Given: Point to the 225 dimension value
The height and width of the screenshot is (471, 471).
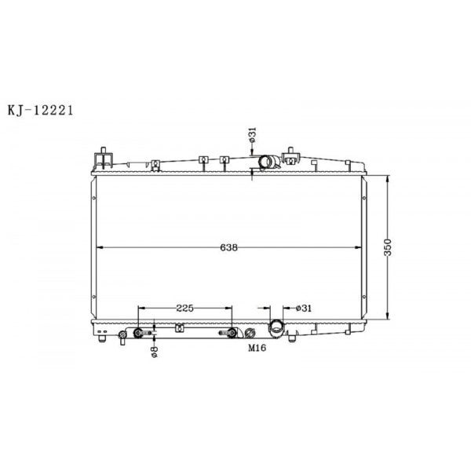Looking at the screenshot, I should pyautogui.click(x=185, y=308).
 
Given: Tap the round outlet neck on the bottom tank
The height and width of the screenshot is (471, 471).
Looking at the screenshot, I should pyautogui.click(x=277, y=327).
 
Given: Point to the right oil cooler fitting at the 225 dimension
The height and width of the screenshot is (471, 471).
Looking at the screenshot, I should pyautogui.click(x=232, y=334).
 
